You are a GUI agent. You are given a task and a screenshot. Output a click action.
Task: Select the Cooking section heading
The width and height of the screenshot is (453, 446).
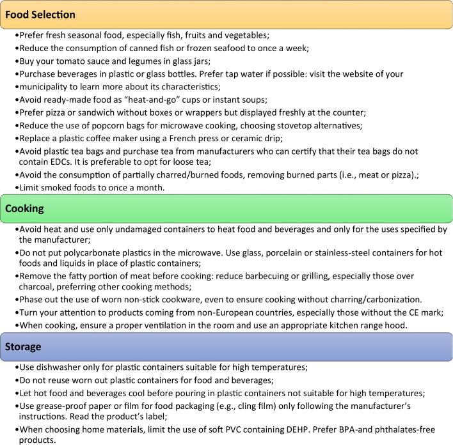click(x=26, y=208)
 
